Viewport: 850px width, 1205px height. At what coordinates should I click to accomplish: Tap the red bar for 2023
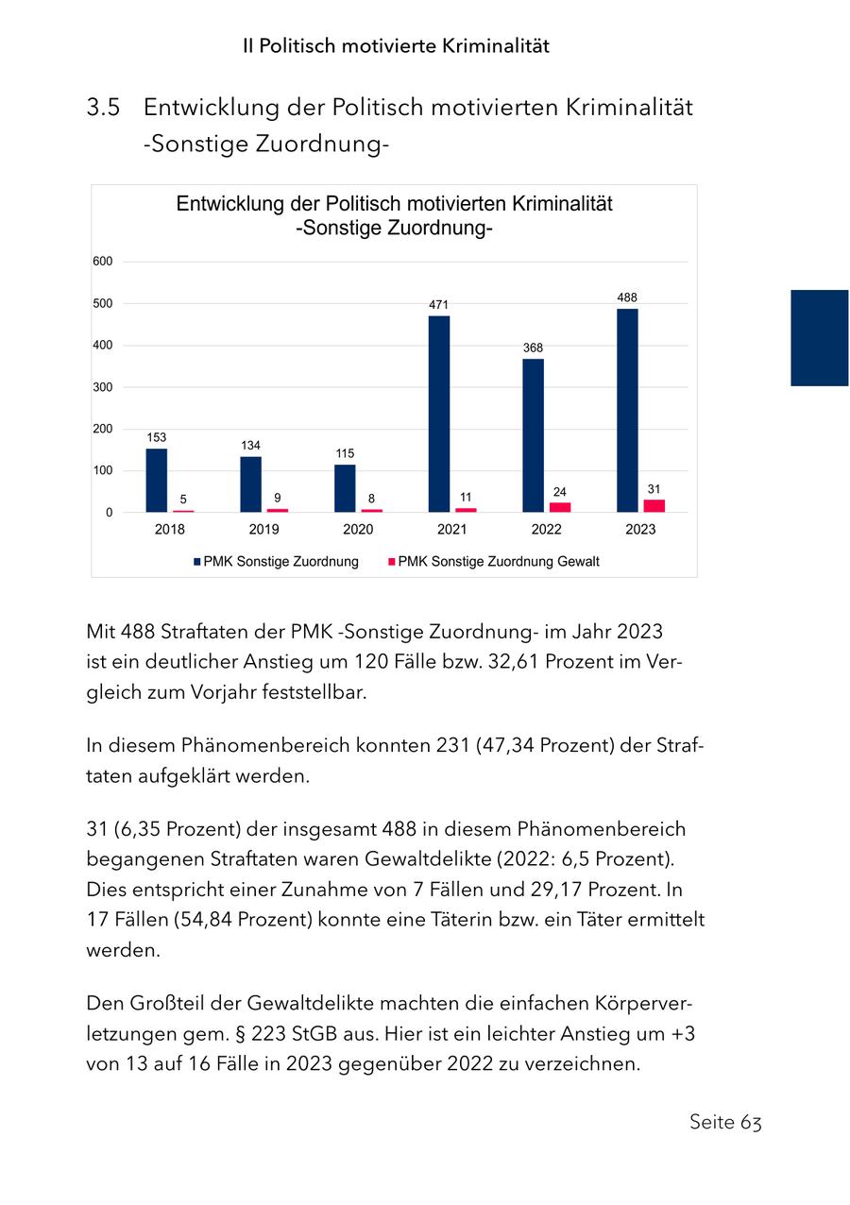pos(654,505)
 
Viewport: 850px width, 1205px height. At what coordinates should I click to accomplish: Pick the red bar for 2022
pos(560,507)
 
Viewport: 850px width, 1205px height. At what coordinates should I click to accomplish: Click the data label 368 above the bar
pos(534,348)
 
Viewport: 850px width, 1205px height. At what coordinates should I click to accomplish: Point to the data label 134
pos(250,445)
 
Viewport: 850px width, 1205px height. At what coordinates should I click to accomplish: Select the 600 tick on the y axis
pos(103,262)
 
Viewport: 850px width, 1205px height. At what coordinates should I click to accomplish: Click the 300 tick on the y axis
pos(103,387)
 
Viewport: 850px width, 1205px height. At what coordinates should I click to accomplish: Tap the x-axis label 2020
pos(358,530)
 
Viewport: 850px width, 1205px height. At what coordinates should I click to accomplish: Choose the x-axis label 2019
pos(263,530)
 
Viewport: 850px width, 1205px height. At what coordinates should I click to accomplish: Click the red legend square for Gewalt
pos(391,562)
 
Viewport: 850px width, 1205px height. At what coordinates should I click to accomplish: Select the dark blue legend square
pos(197,562)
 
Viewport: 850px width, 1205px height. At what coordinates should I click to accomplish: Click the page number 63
pos(751,1122)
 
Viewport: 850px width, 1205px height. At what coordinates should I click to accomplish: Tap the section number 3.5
pos(103,108)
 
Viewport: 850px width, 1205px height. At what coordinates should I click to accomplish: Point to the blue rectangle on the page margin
pos(819,337)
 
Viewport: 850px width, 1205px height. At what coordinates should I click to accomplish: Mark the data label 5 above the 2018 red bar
pos(183,499)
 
